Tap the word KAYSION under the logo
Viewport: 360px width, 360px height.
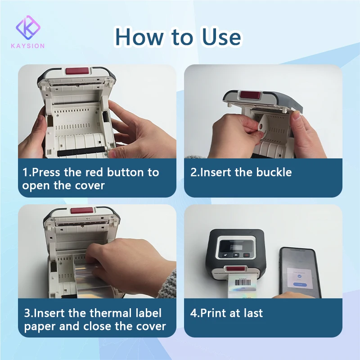(28, 46)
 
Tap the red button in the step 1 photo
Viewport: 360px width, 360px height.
(77, 71)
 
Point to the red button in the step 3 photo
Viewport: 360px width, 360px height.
(82, 211)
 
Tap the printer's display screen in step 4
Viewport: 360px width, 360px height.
(236, 246)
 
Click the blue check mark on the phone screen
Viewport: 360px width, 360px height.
(299, 276)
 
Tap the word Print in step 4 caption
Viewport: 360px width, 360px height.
(212, 313)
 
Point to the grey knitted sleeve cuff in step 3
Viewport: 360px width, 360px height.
(169, 284)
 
